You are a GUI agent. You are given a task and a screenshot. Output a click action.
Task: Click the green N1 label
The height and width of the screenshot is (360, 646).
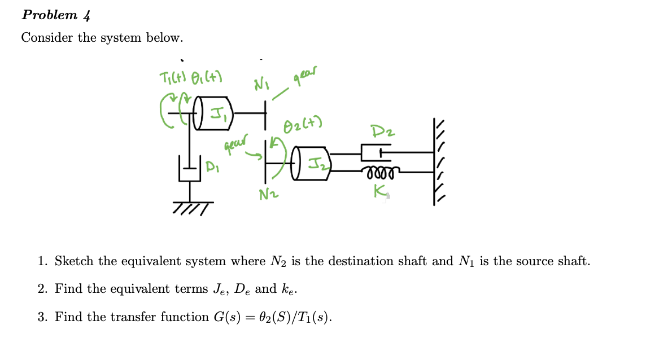point(261,86)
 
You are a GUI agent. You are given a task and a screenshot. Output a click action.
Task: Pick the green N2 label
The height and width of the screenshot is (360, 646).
point(269,195)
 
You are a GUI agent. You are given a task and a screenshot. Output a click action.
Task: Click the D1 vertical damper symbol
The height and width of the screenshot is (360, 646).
point(189,169)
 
